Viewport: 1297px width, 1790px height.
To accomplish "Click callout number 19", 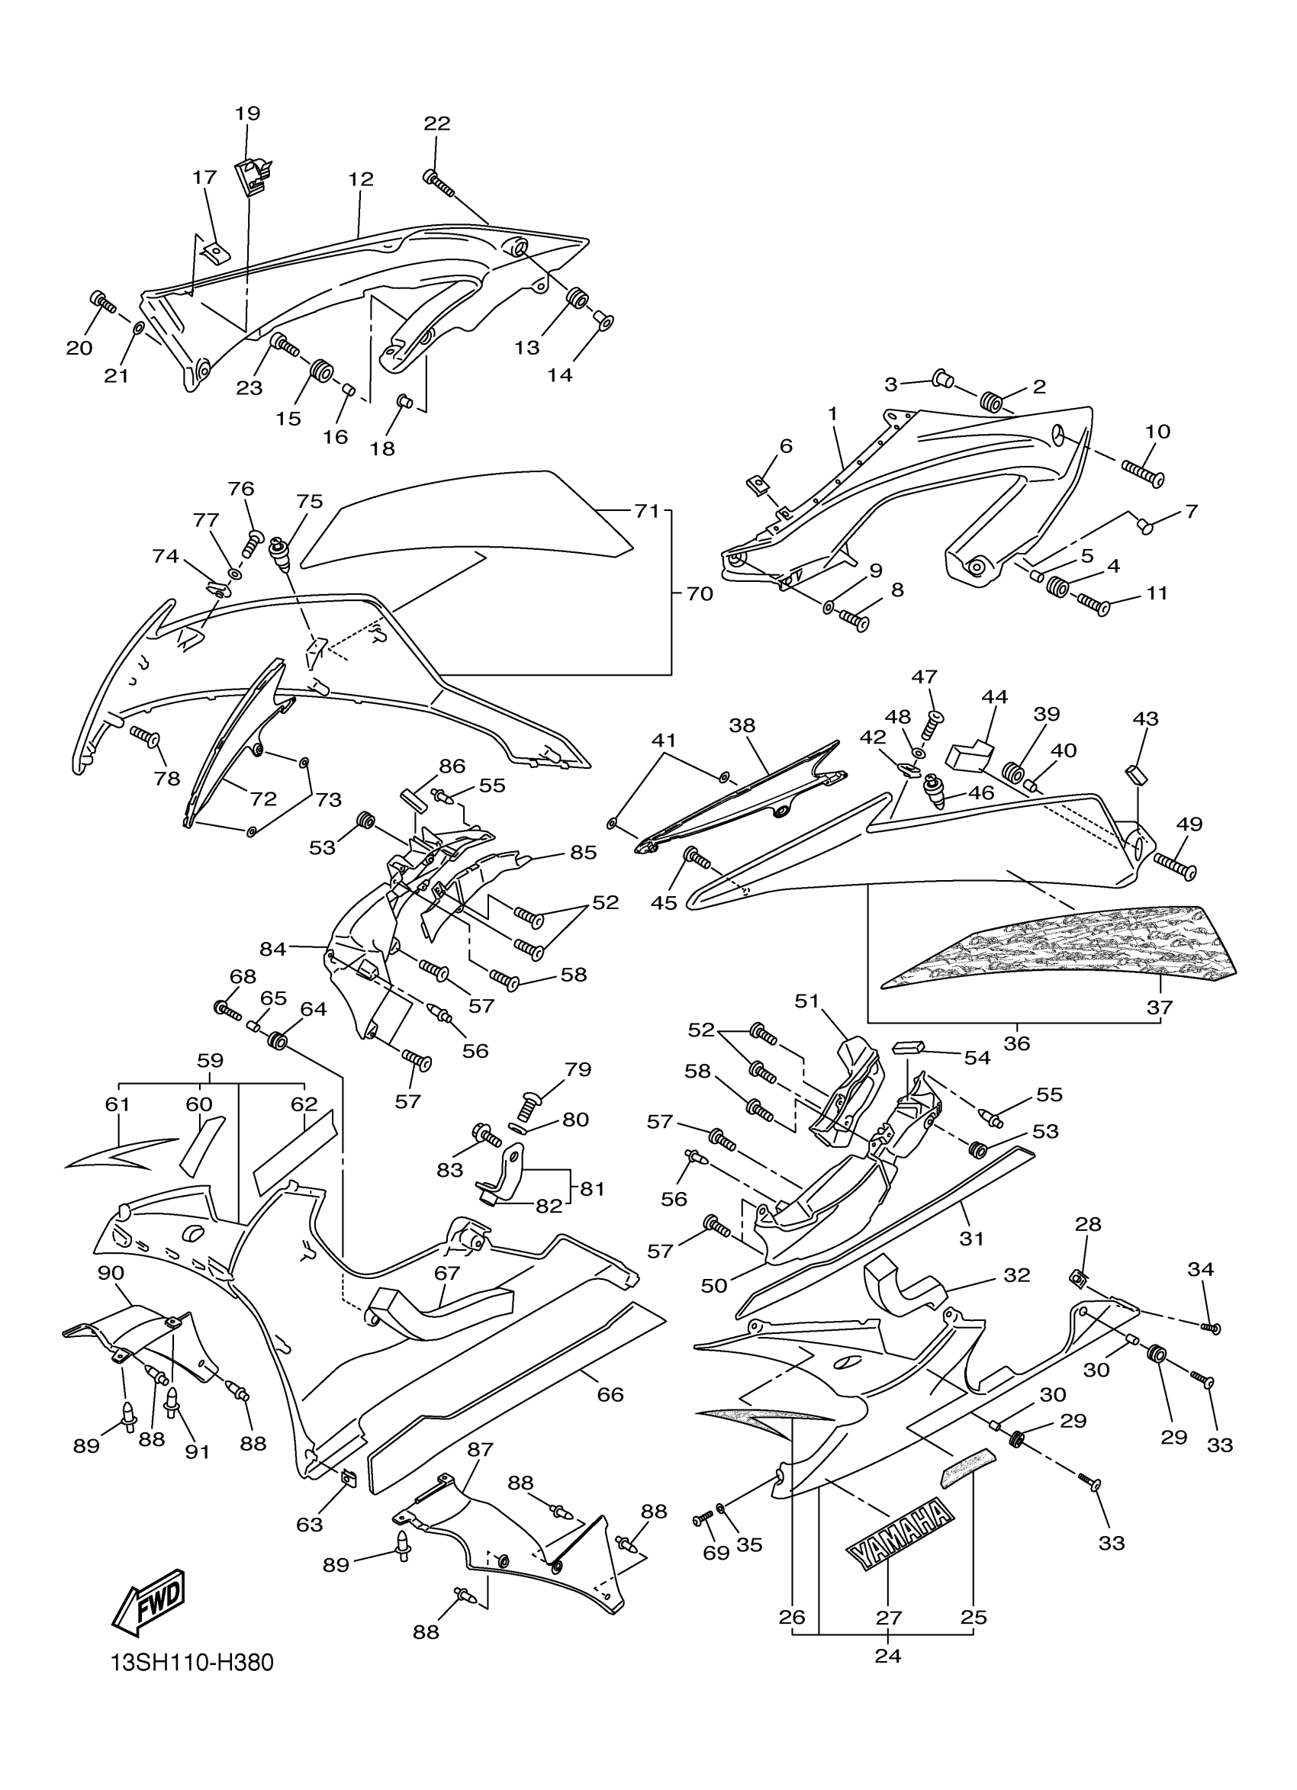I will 247,113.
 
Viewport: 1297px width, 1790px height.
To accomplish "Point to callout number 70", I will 700,593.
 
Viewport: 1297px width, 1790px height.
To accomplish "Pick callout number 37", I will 1160,1007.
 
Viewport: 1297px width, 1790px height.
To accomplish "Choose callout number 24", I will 888,1655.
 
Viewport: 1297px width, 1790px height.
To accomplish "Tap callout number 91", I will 198,1451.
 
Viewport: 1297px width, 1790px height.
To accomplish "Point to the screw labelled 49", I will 1176,864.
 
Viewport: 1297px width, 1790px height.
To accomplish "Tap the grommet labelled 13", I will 578,300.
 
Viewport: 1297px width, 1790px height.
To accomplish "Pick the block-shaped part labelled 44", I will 968,754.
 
